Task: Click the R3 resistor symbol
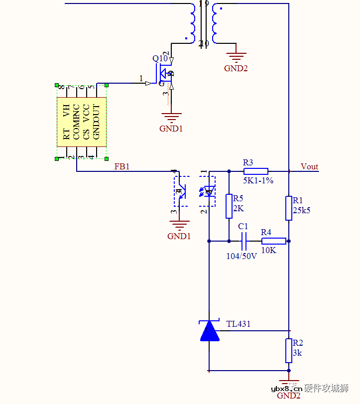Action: click(x=256, y=171)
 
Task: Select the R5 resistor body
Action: click(x=229, y=206)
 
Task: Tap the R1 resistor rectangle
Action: click(x=289, y=208)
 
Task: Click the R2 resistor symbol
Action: click(x=289, y=351)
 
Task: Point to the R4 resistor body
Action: click(x=274, y=241)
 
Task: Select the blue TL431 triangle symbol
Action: click(x=210, y=331)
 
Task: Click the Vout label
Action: click(x=309, y=167)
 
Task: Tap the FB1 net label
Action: click(x=122, y=167)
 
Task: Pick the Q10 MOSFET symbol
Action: click(x=166, y=75)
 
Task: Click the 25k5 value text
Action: click(x=302, y=210)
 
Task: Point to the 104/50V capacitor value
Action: click(x=241, y=256)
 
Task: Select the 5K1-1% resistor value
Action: click(x=258, y=180)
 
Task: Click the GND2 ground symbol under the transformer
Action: click(x=236, y=58)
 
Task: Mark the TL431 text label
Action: click(x=239, y=324)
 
